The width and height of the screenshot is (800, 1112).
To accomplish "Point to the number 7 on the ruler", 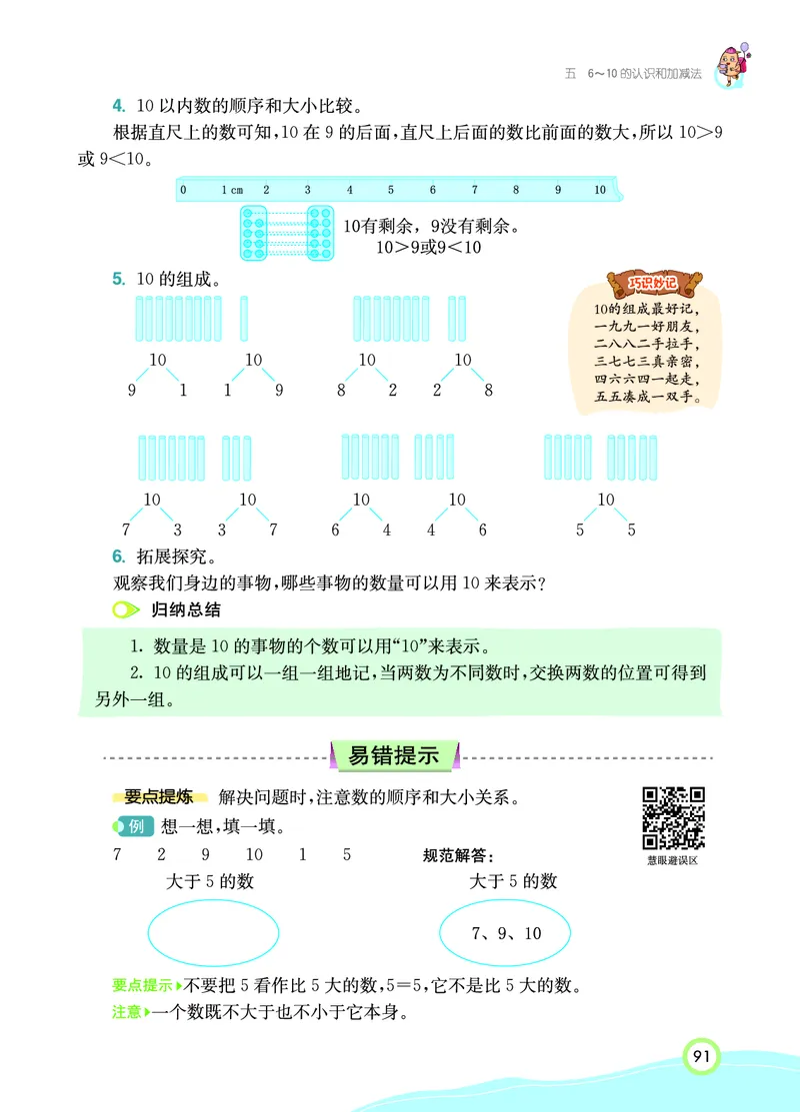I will click(474, 189).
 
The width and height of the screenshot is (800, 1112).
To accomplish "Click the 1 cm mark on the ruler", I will click(232, 189).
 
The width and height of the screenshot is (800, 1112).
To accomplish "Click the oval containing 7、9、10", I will click(506, 933).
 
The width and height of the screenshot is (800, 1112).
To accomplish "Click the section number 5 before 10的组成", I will click(117, 279).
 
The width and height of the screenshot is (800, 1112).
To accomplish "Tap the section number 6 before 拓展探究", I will click(117, 556).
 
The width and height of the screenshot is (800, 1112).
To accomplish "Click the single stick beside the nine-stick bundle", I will click(244, 319).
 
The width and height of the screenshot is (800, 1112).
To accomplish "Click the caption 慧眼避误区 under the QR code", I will click(672, 859).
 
